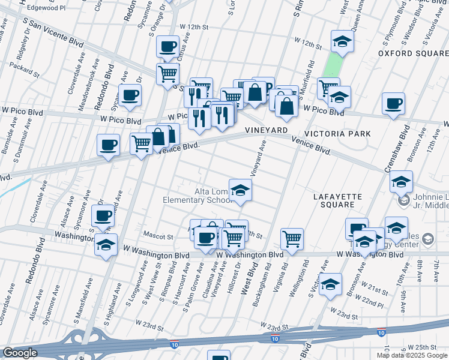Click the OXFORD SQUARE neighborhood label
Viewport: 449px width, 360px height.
pyautogui.click(x=413, y=53)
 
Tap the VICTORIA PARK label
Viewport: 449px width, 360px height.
pyautogui.click(x=337, y=133)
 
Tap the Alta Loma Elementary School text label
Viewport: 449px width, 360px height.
pyautogui.click(x=196, y=196)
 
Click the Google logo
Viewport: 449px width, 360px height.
pyautogui.click(x=20, y=353)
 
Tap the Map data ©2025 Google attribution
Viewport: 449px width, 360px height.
pyautogui.click(x=412, y=355)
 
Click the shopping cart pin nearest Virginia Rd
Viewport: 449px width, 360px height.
pyautogui.click(x=292, y=238)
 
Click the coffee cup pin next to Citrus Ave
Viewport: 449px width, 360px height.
pyautogui.click(x=167, y=46)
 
